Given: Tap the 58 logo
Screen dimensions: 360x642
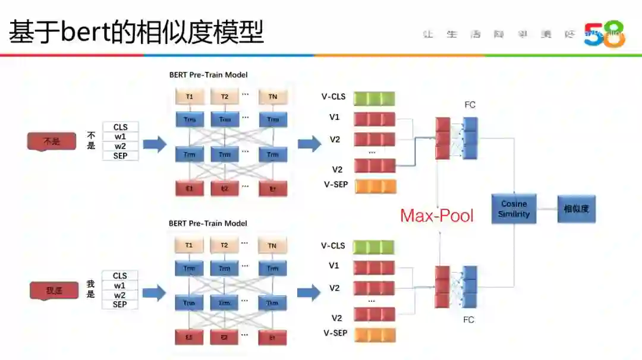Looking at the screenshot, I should point(604,34).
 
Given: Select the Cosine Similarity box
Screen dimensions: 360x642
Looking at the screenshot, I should point(514,209).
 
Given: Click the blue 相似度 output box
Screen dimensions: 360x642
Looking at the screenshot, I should point(576,209).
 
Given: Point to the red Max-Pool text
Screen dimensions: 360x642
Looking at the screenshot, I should point(437,215).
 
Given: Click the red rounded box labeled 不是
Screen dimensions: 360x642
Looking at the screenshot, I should point(52,141).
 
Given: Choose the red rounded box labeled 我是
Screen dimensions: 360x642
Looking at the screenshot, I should point(54,290).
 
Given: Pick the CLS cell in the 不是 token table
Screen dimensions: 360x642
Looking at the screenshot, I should point(120,127).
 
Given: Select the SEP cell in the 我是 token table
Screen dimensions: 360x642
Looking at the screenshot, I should point(120,305).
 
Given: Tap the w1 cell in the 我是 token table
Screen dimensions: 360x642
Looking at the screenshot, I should point(120,286).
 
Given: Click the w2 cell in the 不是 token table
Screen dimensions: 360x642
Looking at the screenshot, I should point(120,146).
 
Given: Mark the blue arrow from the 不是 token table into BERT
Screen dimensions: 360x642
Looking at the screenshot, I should point(154,144).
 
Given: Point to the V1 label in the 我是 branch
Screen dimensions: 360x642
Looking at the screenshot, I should point(335,266).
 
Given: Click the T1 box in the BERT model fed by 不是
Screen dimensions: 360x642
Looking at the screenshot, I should point(189,96).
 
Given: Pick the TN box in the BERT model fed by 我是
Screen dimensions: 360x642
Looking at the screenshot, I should point(272,245).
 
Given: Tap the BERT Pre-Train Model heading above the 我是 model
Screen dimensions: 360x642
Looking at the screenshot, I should point(208,224).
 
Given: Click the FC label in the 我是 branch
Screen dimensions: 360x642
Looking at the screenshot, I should point(469,320).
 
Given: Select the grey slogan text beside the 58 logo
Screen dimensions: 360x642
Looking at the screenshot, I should point(499,34).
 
